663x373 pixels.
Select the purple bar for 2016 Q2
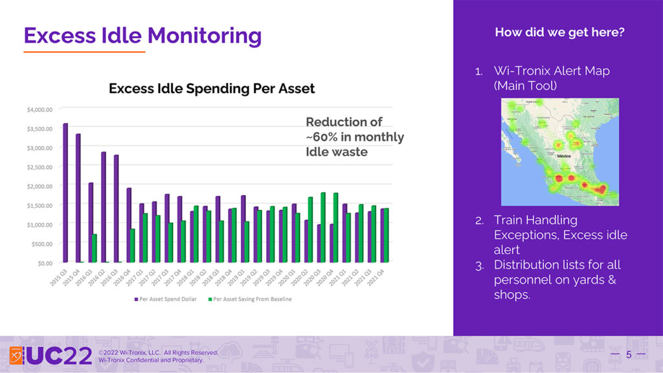click(x=103, y=207)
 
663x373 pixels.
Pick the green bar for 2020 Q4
click(x=335, y=227)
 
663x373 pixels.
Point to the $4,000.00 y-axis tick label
click(x=39, y=109)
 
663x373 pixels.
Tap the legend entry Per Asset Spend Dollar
click(x=170, y=299)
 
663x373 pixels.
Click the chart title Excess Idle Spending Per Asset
click(x=212, y=88)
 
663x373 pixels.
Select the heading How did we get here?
click(x=559, y=32)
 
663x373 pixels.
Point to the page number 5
click(x=628, y=354)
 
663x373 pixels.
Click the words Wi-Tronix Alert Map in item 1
click(x=552, y=71)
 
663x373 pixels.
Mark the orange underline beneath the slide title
click(x=85, y=51)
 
